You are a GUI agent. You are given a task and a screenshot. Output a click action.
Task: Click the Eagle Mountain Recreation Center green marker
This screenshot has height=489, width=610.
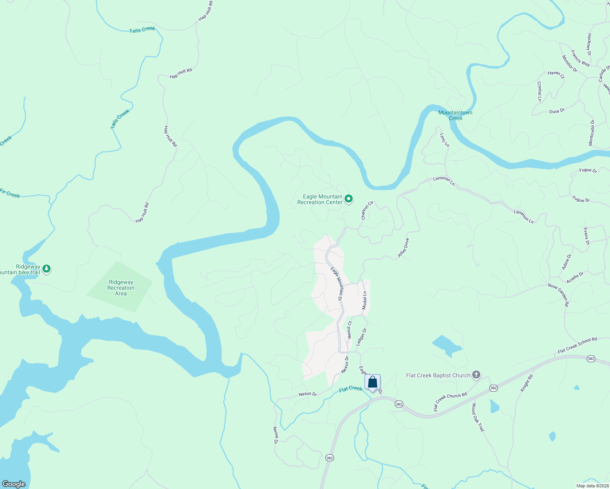349,199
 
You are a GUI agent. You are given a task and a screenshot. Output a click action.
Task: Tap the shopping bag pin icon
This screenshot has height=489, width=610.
372,382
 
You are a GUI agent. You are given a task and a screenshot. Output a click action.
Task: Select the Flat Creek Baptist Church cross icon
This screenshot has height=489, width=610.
476,375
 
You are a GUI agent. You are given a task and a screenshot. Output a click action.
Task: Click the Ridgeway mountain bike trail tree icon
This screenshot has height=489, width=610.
47,269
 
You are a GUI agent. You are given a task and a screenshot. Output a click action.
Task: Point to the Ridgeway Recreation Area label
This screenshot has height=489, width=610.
121,288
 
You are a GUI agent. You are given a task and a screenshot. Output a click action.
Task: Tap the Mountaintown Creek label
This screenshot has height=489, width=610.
455,115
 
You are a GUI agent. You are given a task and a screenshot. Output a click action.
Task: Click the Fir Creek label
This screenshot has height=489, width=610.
10,193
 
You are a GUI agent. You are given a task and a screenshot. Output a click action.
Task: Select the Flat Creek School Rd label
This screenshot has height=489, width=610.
577,345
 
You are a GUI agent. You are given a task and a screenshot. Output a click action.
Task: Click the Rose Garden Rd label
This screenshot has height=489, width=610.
559,295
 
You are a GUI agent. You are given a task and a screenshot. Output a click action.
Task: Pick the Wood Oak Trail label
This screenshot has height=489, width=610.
478,417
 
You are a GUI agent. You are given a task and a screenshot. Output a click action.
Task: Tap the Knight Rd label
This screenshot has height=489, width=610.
527,383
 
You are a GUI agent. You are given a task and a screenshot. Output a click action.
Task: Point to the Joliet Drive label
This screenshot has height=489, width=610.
403,248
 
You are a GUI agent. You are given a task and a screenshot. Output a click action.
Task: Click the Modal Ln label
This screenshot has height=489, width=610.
365,300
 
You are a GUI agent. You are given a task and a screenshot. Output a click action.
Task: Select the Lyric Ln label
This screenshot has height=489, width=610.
444,140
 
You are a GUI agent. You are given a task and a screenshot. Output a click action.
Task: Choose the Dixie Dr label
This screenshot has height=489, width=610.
557,111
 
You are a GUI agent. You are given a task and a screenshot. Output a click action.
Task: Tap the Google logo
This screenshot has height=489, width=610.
14,484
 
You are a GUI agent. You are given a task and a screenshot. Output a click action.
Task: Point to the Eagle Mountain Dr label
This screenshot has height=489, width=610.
336,284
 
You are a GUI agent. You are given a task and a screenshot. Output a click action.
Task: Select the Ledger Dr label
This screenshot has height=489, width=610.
361,337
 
